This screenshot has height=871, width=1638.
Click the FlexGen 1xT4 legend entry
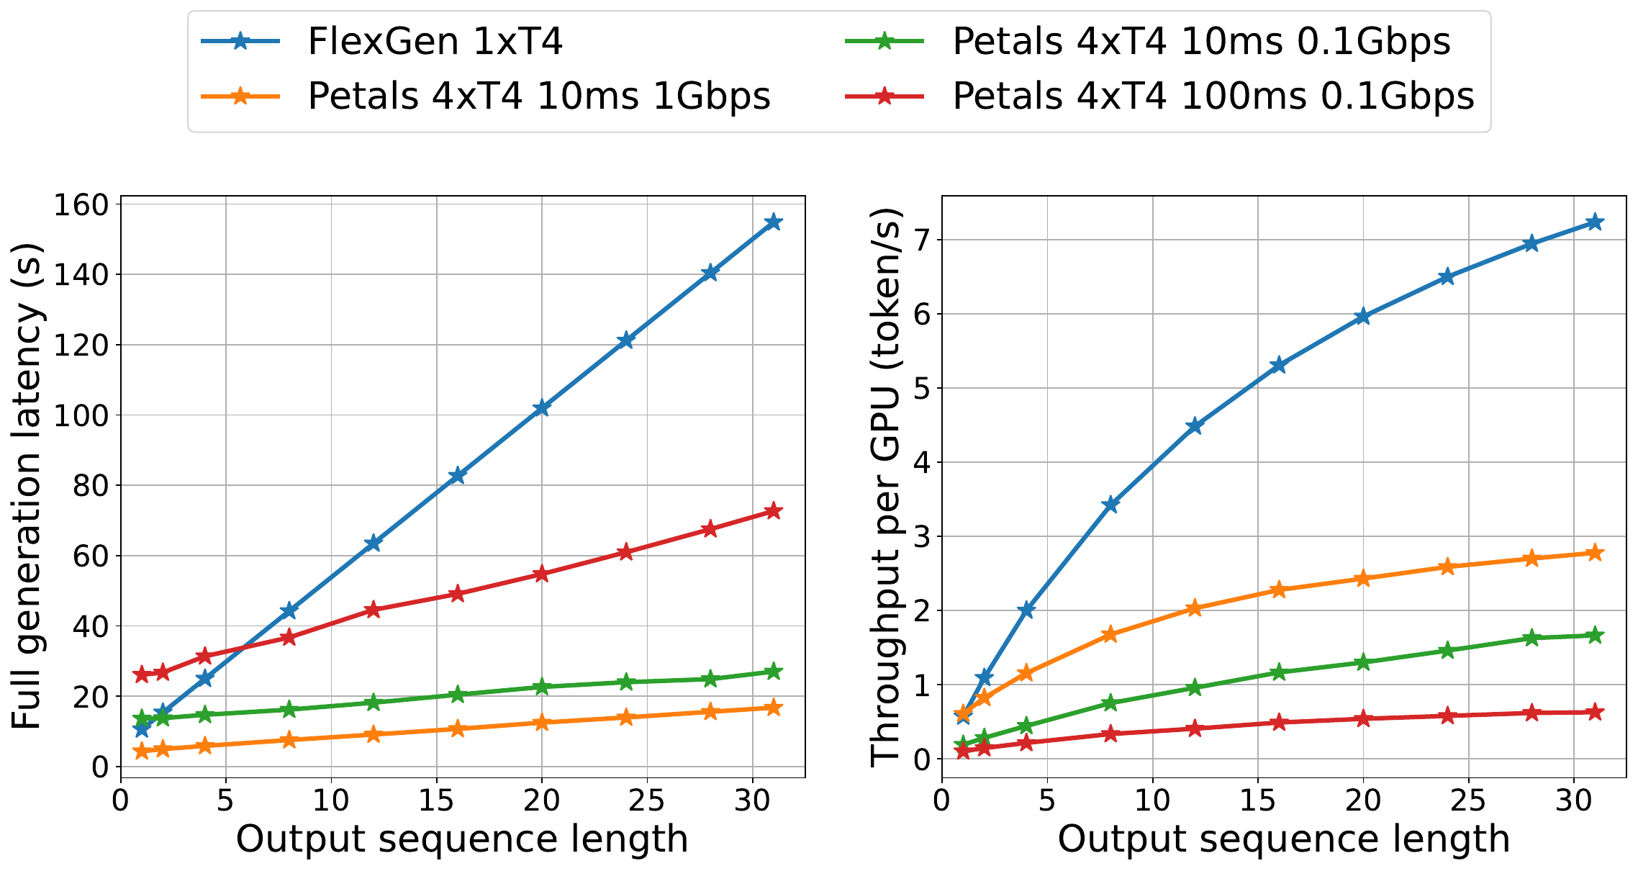pos(382,42)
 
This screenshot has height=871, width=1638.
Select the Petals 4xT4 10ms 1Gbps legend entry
pos(486,96)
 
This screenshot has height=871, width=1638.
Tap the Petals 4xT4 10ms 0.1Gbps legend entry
pos(1148,42)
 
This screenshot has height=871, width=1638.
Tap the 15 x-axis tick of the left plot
pos(436,800)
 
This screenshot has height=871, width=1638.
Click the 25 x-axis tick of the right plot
pos(1468,800)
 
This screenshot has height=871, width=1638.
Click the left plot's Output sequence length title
pos(462,839)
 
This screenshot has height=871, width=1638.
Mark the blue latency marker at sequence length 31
pos(773,222)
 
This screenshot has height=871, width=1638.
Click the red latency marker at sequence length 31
pos(773,511)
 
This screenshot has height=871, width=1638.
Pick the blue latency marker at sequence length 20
pos(541,408)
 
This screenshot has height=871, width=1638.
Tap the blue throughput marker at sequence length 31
pos(1595,222)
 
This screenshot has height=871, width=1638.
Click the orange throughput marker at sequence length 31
pos(1595,553)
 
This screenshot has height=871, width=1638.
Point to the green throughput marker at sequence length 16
pos(1278,672)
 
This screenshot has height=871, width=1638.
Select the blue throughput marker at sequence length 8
pos(1110,505)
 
